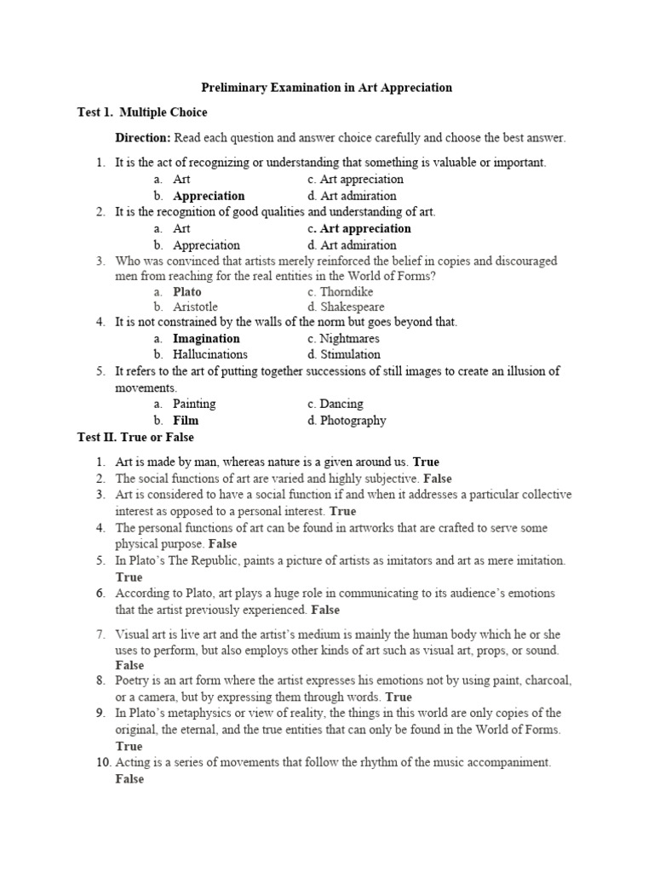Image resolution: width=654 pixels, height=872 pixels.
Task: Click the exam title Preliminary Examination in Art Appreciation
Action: (x=326, y=88)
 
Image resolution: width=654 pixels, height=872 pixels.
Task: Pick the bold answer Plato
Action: (x=187, y=291)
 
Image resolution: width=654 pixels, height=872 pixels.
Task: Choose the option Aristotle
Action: (x=195, y=307)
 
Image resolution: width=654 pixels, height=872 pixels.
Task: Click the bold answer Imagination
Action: (x=206, y=338)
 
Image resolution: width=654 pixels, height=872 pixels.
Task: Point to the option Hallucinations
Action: (x=210, y=354)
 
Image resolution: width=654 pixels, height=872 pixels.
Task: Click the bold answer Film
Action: (x=186, y=420)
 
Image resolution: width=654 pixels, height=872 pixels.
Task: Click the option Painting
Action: (x=194, y=404)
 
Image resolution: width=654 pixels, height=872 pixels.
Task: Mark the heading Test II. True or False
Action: (x=135, y=438)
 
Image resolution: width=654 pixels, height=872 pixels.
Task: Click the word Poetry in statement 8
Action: (x=133, y=680)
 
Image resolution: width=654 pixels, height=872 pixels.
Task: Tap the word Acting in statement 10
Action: (x=133, y=763)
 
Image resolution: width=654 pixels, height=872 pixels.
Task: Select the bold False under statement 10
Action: (x=130, y=779)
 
